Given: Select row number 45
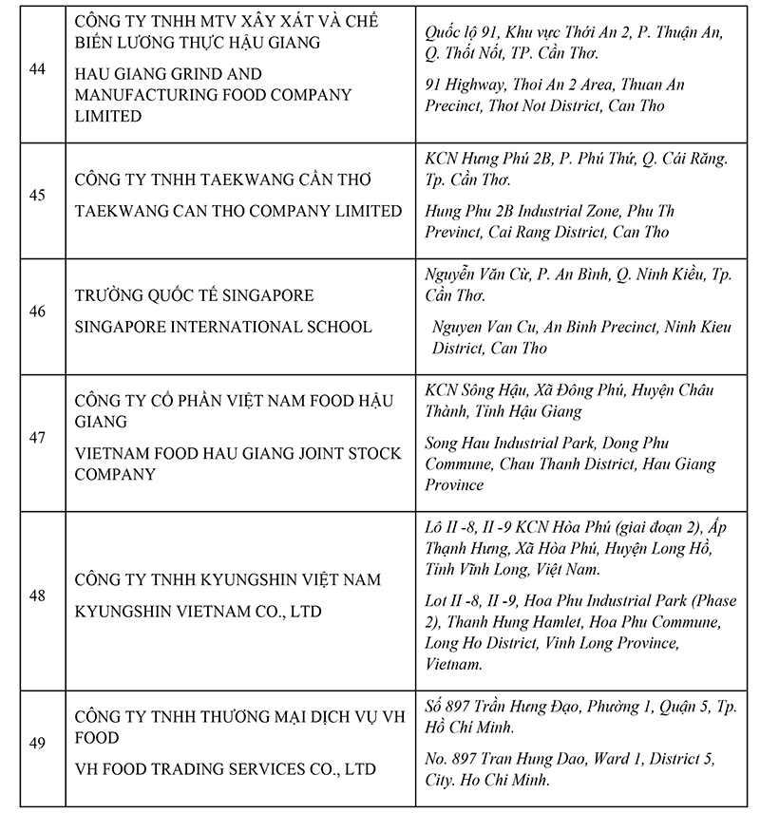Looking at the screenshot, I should pyautogui.click(x=38, y=196).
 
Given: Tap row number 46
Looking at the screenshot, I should pyautogui.click(x=38, y=311).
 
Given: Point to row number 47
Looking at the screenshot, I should pyautogui.click(x=38, y=439).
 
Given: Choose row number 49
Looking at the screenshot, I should pyautogui.click(x=38, y=744).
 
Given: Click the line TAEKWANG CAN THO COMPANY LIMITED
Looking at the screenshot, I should pyautogui.click(x=238, y=211).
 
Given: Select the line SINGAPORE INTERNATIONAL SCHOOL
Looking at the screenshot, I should pyautogui.click(x=223, y=327).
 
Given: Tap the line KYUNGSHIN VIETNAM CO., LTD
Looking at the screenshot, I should pyautogui.click(x=198, y=612).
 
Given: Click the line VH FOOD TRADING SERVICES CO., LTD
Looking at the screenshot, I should pyautogui.click(x=225, y=769).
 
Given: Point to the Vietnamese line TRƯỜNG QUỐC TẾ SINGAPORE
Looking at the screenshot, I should pyautogui.click(x=194, y=296).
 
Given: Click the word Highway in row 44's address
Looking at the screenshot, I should pyautogui.click(x=480, y=85).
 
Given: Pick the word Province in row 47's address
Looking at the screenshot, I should pyautogui.click(x=454, y=484).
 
